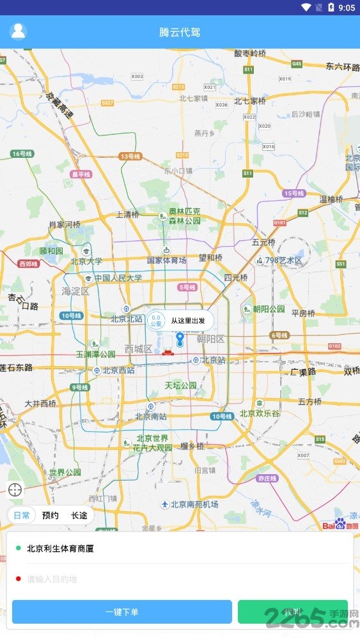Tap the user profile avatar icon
(x=19, y=31)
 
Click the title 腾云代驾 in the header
(x=180, y=32)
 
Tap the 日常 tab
(x=22, y=515)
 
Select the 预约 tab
(x=51, y=515)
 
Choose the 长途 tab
(x=79, y=515)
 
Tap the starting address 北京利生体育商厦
(x=60, y=548)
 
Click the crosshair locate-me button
(x=15, y=490)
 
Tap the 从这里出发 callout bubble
(x=187, y=320)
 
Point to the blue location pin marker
(x=180, y=339)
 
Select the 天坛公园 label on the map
(x=181, y=386)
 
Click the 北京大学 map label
(x=86, y=261)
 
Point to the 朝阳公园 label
(x=269, y=309)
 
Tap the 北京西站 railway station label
(x=119, y=371)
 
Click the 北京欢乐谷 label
(x=260, y=413)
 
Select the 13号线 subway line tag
(x=130, y=156)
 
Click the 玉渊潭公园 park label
(x=96, y=354)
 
